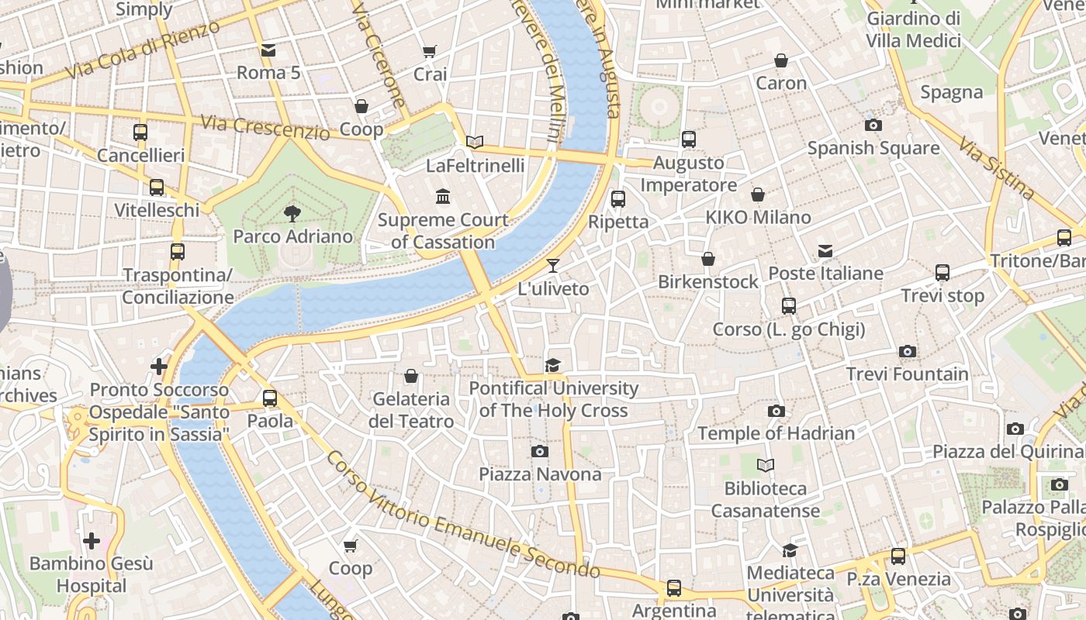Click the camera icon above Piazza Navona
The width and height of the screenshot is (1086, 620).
click(540, 451)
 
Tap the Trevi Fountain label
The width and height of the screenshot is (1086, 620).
click(907, 374)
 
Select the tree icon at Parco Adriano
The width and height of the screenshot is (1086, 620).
click(292, 213)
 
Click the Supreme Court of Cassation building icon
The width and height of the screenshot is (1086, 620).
click(443, 197)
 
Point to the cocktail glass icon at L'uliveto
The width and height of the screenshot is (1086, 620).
click(552, 266)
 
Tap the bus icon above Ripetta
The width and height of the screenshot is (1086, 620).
click(618, 199)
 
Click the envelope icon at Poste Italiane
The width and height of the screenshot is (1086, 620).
click(825, 251)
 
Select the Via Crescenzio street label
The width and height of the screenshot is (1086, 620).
click(265, 127)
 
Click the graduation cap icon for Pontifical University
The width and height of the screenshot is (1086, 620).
click(552, 366)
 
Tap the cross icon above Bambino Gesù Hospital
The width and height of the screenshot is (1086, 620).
click(92, 541)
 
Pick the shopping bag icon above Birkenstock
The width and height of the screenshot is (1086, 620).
click(707, 259)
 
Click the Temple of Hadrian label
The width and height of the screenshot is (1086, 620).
click(776, 433)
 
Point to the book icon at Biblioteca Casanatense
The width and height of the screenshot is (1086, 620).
click(766, 466)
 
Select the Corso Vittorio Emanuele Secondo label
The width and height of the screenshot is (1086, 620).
click(462, 515)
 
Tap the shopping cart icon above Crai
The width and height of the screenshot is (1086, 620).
click(429, 52)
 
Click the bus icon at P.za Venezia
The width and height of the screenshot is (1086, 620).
click(898, 556)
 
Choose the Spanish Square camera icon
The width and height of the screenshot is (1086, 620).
click(873, 125)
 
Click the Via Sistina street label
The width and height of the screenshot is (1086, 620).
click(996, 168)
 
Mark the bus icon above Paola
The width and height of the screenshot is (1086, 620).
click(270, 398)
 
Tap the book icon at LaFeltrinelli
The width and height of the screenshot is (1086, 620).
click(475, 143)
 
